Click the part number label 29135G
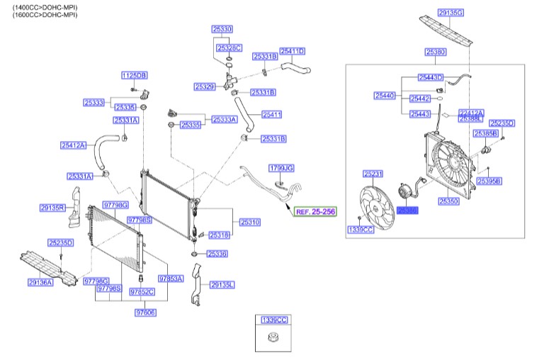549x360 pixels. (451, 13)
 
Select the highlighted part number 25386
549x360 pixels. (407, 210)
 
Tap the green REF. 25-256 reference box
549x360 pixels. (315, 211)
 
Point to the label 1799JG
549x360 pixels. (281, 168)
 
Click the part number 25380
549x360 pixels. (435, 52)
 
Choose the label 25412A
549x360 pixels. (72, 145)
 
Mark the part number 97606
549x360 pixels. (145, 312)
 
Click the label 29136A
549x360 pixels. (41, 282)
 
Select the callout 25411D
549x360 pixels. (292, 51)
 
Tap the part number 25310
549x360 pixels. (249, 222)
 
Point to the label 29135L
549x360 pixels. (222, 284)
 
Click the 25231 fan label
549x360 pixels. (373, 174)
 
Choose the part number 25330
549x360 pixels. (222, 29)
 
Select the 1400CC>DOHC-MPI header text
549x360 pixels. (40, 6)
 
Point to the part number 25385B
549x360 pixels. (486, 133)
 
